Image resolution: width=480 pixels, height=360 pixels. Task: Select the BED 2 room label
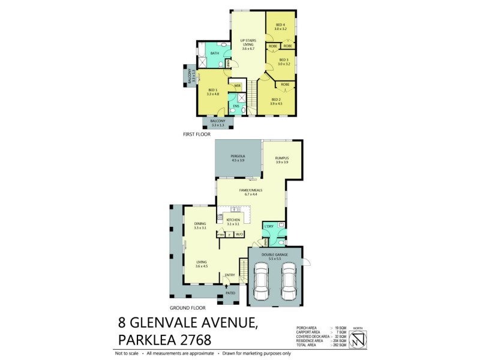[x=275, y=99]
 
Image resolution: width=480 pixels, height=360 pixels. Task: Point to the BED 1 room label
[x=212, y=91]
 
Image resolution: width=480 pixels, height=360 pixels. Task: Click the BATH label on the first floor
[x=214, y=53]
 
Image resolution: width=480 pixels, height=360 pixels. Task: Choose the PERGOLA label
[x=238, y=157]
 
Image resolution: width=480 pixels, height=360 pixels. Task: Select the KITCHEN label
[x=233, y=220]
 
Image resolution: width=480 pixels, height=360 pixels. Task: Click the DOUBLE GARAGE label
[x=275, y=255]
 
